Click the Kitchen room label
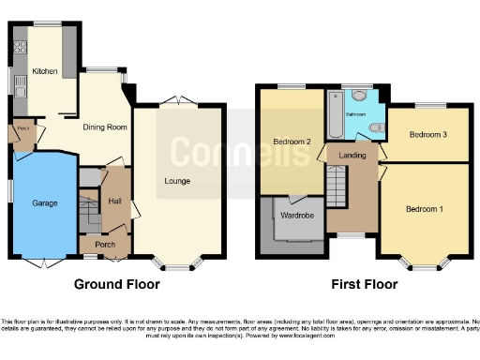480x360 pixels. (45, 71)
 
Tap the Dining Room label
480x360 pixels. (105, 127)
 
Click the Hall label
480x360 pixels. (114, 201)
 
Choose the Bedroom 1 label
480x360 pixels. (425, 208)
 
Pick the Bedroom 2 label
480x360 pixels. (292, 142)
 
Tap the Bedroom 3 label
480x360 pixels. (427, 134)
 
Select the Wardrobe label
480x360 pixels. (296, 215)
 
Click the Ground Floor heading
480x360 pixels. (116, 284)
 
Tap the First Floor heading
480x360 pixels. (364, 284)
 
